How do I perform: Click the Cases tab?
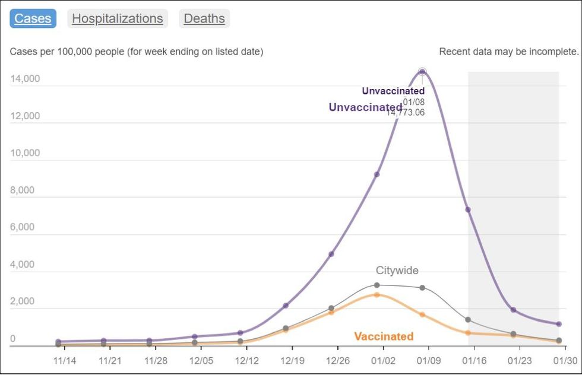coord(33,18)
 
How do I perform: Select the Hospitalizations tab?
coord(118,18)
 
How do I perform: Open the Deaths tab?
coord(204,18)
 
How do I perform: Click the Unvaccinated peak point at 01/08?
coord(422,72)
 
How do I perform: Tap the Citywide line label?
coord(397,271)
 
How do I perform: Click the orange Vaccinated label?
coord(384,336)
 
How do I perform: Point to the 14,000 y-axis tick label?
coord(25,78)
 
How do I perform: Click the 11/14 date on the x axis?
coord(65,361)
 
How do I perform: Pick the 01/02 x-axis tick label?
coord(383,361)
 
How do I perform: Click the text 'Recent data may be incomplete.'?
coord(508,52)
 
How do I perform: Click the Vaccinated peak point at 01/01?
coord(377,294)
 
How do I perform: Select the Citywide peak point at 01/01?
coord(377,285)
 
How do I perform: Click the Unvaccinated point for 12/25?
coord(331,254)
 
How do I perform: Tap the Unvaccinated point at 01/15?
coord(468,209)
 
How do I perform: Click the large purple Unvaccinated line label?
coord(365,107)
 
